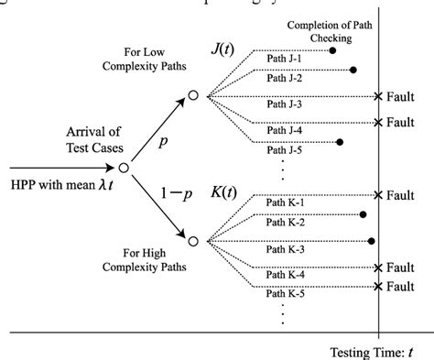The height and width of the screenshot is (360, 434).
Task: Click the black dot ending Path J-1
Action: point(332,51)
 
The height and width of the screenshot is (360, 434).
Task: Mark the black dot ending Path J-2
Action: point(353,71)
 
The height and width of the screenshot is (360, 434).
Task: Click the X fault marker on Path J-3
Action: point(379,95)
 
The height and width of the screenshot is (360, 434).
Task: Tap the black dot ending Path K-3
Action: point(371,241)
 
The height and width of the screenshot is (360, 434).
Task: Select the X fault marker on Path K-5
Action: point(379,286)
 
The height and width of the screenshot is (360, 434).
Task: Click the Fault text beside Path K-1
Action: point(404,195)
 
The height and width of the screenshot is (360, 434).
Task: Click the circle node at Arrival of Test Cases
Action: point(122,168)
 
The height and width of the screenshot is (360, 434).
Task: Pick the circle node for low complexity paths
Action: point(192,95)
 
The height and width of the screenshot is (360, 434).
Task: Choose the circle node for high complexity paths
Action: point(192,241)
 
